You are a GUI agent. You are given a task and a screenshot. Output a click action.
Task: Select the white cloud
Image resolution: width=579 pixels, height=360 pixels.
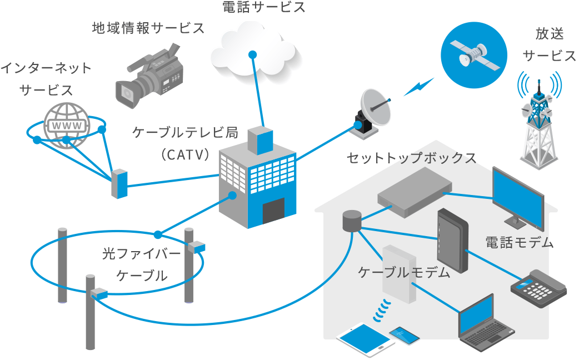[253, 50]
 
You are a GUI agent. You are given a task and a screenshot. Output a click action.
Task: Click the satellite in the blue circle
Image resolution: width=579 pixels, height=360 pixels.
[474, 54]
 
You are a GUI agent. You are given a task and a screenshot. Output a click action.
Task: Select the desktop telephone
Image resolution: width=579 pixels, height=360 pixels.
[538, 286]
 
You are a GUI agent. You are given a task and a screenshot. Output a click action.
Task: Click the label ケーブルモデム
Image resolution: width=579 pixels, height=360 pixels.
[404, 272]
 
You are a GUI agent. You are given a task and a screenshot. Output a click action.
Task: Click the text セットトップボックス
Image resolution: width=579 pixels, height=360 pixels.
[411, 158]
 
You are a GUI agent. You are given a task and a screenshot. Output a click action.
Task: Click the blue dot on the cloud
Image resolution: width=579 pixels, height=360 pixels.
[252, 54]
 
